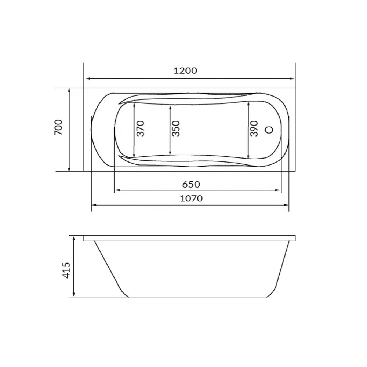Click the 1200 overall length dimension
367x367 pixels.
click(x=185, y=70)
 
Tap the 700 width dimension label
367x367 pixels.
click(x=58, y=127)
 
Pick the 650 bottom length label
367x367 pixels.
click(x=191, y=185)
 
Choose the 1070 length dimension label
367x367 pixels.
click(x=191, y=199)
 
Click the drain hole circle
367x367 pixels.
click(x=269, y=130)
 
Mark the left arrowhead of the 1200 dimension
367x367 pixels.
click(x=88, y=79)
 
